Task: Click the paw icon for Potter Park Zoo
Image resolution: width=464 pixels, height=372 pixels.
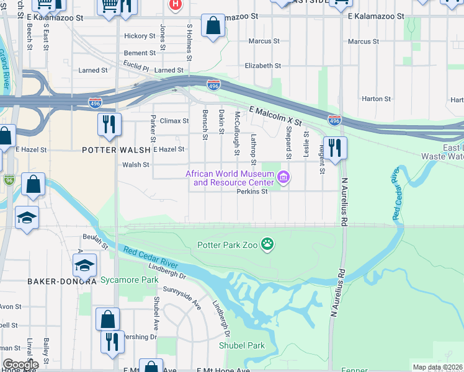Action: pyautogui.click(x=267, y=244)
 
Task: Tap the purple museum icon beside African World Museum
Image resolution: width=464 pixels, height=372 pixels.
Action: pyautogui.click(x=284, y=179)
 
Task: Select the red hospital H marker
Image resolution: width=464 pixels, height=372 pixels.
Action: pyautogui.click(x=176, y=4)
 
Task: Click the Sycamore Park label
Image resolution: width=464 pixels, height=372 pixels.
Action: pyautogui.click(x=130, y=280)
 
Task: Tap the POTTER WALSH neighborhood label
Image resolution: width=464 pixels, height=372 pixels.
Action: pyautogui.click(x=116, y=150)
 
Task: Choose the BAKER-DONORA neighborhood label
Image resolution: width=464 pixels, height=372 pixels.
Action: pyautogui.click(x=61, y=281)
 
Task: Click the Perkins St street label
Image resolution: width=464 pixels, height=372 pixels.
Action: pyautogui.click(x=252, y=192)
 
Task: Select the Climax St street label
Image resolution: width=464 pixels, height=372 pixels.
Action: pyautogui.click(x=174, y=121)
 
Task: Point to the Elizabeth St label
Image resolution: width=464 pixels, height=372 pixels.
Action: pyautogui.click(x=263, y=66)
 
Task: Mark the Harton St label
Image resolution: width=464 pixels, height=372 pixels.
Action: pyautogui.click(x=376, y=99)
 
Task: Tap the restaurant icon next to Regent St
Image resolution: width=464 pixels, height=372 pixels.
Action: pyautogui.click(x=335, y=148)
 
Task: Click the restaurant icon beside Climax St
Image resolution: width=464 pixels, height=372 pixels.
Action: pyautogui.click(x=108, y=125)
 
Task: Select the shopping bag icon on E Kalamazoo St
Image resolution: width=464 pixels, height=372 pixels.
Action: pyautogui.click(x=213, y=27)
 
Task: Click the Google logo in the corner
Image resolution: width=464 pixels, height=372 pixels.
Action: pyautogui.click(x=20, y=365)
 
